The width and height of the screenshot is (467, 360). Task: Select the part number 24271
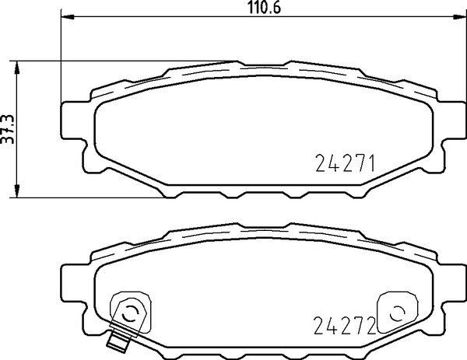coord(346,164)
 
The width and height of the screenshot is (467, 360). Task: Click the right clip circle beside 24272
coord(396,313)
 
